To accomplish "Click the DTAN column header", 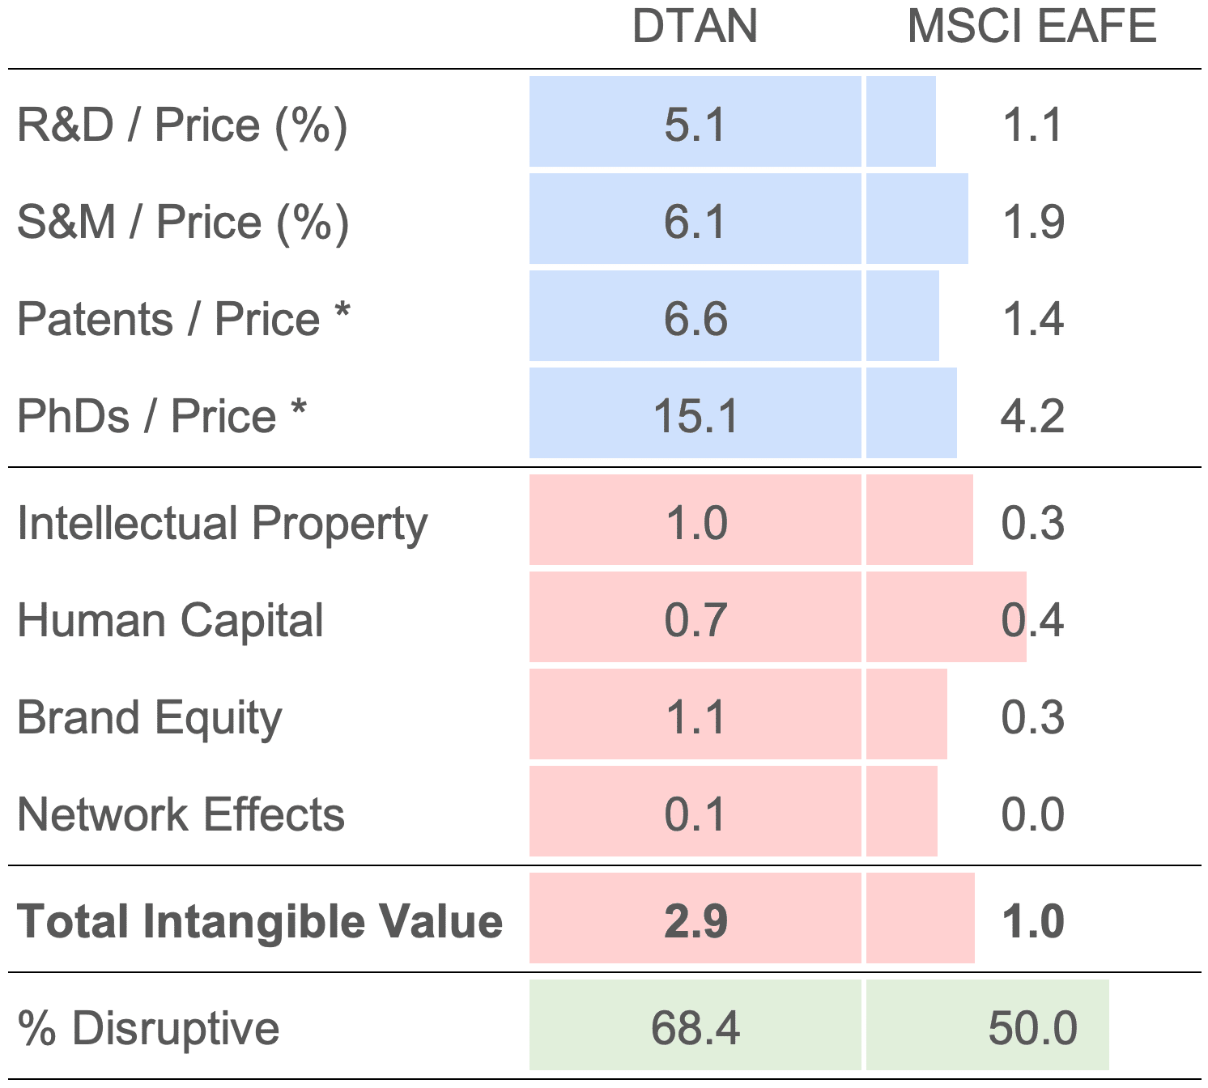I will click(695, 27).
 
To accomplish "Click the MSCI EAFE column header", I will click(1031, 27).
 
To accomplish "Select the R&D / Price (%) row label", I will click(182, 125).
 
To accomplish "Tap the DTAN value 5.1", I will click(695, 125).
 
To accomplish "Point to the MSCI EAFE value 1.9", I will click(1032, 223).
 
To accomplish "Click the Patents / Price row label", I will click(183, 319).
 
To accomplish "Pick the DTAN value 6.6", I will click(695, 319).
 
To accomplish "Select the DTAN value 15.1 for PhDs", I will click(695, 416).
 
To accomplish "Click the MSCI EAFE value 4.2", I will click(1032, 416).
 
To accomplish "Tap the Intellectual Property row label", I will click(222, 523).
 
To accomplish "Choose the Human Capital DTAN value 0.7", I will click(695, 620).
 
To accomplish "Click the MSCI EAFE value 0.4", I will click(1032, 620).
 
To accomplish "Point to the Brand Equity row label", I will click(150, 718).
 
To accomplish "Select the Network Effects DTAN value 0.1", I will click(695, 814).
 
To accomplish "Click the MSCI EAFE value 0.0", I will click(1032, 814).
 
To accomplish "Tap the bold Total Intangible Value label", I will click(259, 921).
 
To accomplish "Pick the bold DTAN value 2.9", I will click(695, 921).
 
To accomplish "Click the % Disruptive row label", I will click(148, 1028).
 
